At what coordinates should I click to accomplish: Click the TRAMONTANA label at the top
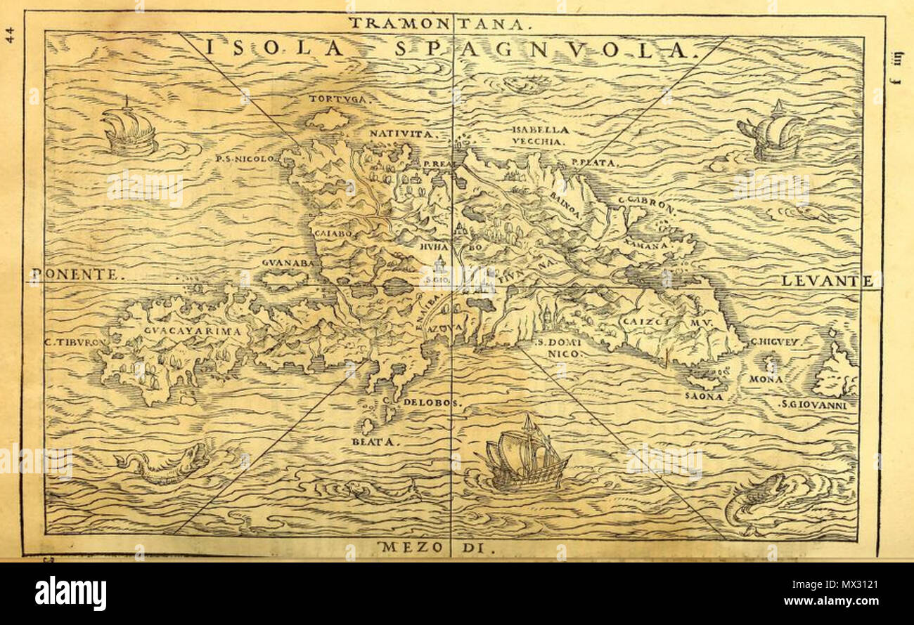(x=437, y=22)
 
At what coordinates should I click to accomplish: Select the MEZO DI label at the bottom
(x=437, y=547)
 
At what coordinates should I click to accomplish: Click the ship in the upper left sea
(x=128, y=131)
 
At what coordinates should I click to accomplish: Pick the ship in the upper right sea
(x=772, y=133)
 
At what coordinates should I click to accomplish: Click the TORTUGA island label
(x=340, y=99)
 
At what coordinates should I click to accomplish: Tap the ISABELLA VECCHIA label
(x=539, y=136)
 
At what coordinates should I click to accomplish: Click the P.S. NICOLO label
(x=245, y=159)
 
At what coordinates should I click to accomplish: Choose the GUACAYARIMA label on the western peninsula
(x=185, y=330)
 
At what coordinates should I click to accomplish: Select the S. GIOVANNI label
(x=819, y=404)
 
